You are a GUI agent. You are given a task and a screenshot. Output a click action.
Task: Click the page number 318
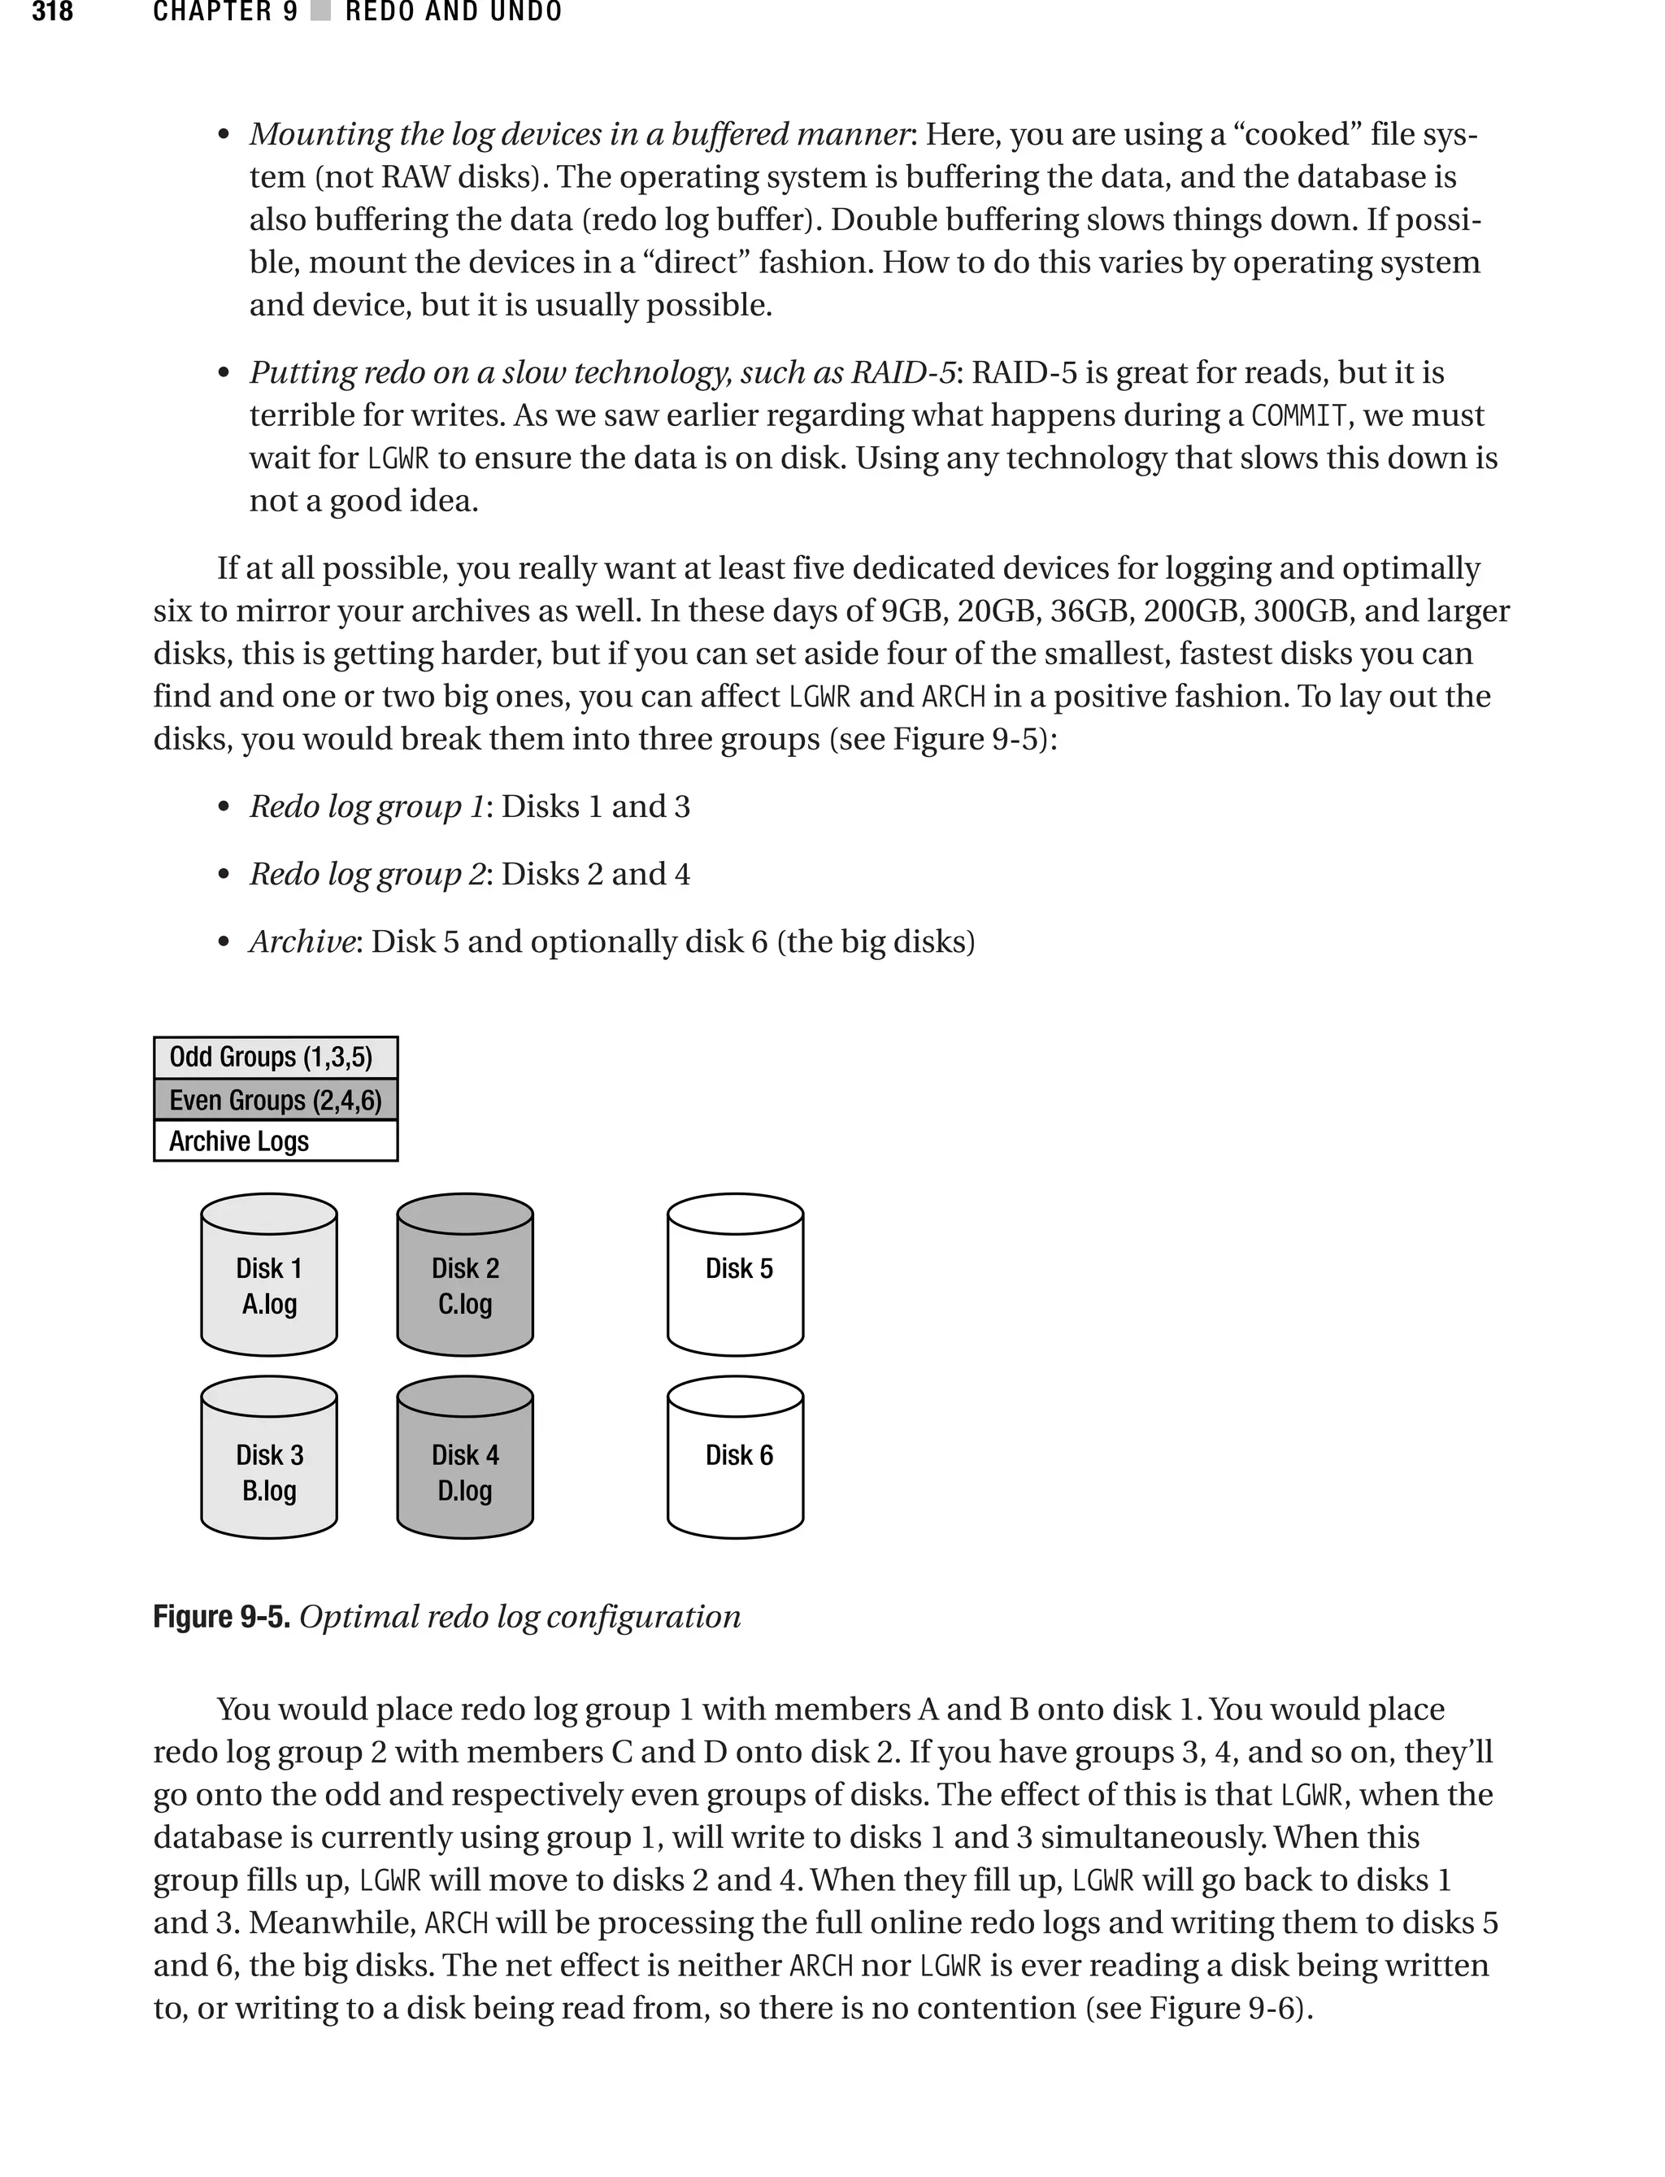pyautogui.click(x=53, y=12)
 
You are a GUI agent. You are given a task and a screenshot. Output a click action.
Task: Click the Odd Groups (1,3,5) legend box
pyautogui.click(x=276, y=1058)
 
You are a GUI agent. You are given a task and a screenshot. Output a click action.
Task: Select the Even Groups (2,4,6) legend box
pyautogui.click(x=276, y=1100)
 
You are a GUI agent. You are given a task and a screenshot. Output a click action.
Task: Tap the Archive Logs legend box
pyautogui.click(x=276, y=1141)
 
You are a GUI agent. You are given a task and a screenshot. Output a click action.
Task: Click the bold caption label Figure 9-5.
pyautogui.click(x=221, y=1617)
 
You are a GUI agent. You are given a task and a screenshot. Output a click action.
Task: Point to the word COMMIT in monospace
pyautogui.click(x=1298, y=415)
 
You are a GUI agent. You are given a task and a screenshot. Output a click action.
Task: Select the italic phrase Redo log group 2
pyautogui.click(x=367, y=874)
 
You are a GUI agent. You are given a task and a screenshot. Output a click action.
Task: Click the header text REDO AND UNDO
pyautogui.click(x=454, y=12)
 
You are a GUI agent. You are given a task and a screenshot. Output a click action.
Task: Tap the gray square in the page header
pyautogui.click(x=320, y=12)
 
